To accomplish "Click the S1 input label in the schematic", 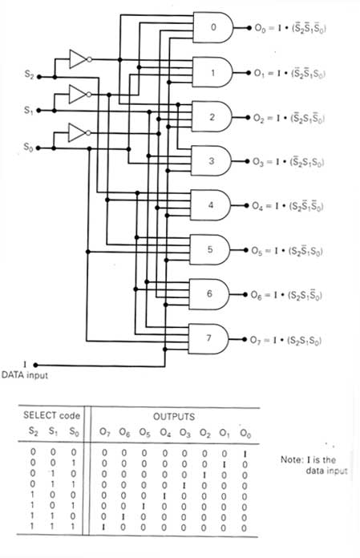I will click(30, 112).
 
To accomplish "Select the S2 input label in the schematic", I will click(30, 76).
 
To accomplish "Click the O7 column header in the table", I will click(103, 434).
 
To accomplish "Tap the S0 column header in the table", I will click(73, 434).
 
